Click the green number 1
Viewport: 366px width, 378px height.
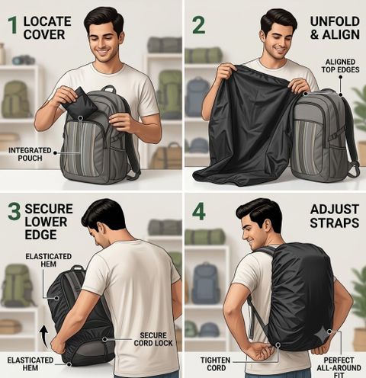[x=12, y=25]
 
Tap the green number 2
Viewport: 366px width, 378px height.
[x=198, y=25]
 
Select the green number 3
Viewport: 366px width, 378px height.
[x=14, y=211]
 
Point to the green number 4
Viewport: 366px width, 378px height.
[x=198, y=211]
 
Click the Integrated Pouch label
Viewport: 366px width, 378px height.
[x=30, y=154]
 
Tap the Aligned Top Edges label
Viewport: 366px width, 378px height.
[x=340, y=66]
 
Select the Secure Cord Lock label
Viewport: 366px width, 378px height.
[x=153, y=339]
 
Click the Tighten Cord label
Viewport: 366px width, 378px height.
[x=216, y=364]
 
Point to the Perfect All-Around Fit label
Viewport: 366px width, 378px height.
[x=339, y=367]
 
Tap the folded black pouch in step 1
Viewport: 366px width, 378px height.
[x=79, y=102]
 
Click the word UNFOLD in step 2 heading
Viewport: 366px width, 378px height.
[x=335, y=21]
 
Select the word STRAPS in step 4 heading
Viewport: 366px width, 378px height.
[x=335, y=223]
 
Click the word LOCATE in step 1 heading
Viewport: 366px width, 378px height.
[x=47, y=21]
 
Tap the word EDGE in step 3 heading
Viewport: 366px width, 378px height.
[x=40, y=235]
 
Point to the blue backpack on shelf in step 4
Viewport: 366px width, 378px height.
[x=205, y=283]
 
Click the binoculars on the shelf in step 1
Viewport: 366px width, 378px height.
[x=24, y=60]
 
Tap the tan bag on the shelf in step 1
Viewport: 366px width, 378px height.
[x=167, y=155]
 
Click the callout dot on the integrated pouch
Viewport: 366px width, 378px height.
[x=81, y=118]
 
